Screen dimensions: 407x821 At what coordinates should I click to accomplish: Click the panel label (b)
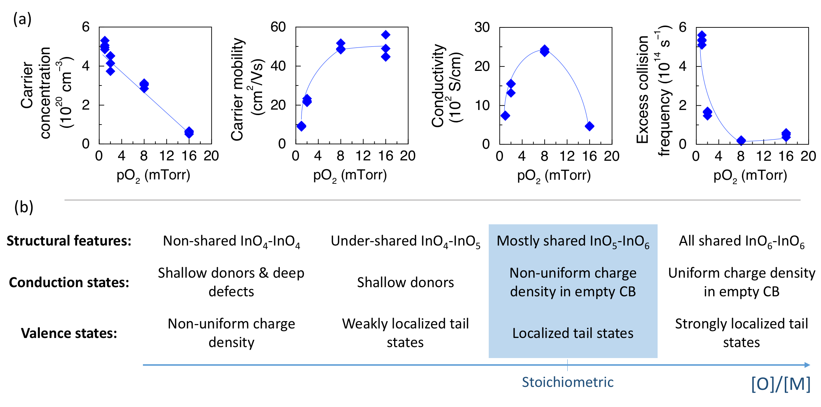(x=24, y=207)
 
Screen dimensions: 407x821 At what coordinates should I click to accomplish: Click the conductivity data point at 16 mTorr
(x=589, y=126)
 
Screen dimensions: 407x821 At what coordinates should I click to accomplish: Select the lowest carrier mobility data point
(x=301, y=126)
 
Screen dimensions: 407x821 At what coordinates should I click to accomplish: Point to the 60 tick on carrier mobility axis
(x=278, y=27)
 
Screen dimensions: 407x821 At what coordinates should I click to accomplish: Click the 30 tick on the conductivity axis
(x=482, y=27)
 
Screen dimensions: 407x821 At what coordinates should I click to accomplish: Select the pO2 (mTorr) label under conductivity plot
(x=554, y=176)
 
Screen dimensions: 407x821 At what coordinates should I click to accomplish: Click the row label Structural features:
(x=69, y=241)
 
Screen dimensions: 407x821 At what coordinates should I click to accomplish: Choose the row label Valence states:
(x=69, y=333)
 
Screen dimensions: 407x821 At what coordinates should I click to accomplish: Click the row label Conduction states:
(x=69, y=282)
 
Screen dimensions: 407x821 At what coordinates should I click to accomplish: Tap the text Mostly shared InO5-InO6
(x=573, y=241)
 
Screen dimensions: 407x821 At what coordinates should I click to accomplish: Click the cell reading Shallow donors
(x=405, y=282)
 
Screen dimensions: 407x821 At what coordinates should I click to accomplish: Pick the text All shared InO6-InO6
(x=741, y=241)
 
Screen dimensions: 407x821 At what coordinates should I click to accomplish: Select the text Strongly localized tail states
(x=741, y=333)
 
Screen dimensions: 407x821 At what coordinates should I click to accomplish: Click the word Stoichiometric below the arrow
(x=567, y=382)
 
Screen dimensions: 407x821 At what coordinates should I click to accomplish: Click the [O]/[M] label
(x=781, y=384)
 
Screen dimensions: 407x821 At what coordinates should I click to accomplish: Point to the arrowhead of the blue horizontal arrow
(x=807, y=365)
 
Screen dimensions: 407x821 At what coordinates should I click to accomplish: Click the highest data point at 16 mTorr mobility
(x=386, y=35)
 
